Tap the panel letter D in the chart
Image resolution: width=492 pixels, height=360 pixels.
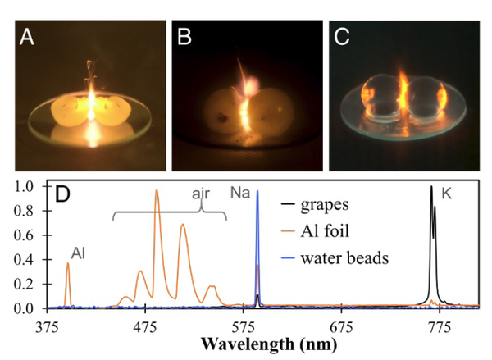[x=60, y=198]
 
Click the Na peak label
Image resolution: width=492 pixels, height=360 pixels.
[x=241, y=193]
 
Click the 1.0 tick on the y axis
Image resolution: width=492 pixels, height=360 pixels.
[x=27, y=187]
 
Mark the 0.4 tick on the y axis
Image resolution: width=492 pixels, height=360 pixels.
[x=27, y=260]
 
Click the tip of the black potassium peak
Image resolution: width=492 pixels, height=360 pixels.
[x=431, y=188]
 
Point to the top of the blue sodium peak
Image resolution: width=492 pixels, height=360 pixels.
[x=257, y=192]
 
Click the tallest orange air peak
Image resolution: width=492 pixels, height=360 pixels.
[x=157, y=191]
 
